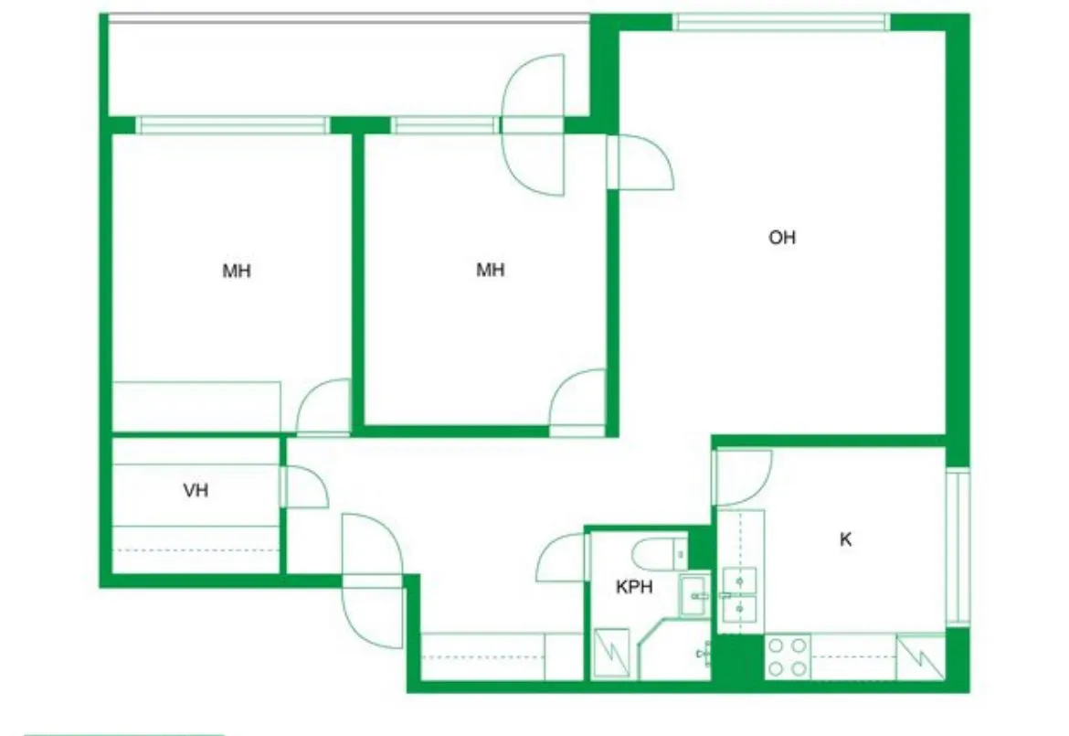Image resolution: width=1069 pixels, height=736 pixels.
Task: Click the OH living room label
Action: [782, 238]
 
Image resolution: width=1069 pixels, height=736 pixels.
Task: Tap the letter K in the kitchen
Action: [845, 539]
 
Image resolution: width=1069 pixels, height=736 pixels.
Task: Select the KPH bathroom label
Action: [634, 587]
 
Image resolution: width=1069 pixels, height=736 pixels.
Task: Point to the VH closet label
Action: [196, 490]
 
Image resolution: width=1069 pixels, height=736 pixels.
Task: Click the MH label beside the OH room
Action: [490, 270]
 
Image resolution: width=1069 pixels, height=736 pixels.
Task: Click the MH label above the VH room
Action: [237, 271]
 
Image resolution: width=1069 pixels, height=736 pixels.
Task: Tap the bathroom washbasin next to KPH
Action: [694, 596]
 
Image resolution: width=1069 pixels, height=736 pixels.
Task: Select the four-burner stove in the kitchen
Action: [788, 656]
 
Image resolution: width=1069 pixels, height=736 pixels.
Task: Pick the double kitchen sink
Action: [739, 595]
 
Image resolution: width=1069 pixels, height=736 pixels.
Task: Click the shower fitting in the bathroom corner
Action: [704, 654]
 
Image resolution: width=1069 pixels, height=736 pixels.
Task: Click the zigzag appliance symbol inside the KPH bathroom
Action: [611, 653]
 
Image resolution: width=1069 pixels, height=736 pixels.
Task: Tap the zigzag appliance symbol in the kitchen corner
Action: [920, 656]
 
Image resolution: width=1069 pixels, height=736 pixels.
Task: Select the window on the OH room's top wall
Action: [782, 23]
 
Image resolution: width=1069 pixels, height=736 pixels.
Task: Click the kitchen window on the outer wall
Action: [958, 547]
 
